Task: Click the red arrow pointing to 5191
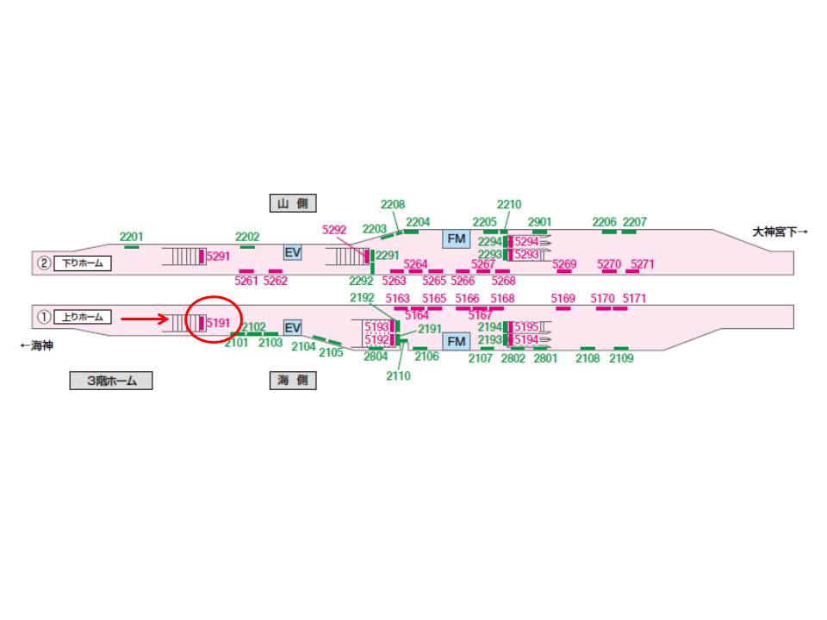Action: (x=145, y=319)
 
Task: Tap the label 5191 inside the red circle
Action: (x=218, y=323)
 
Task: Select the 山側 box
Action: (x=293, y=203)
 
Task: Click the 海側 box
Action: (x=293, y=380)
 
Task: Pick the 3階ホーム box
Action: (x=111, y=380)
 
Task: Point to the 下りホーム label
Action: (x=83, y=263)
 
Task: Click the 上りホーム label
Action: (x=83, y=317)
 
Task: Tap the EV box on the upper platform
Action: (x=293, y=252)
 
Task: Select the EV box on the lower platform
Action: (x=293, y=328)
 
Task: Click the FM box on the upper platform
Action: (x=457, y=239)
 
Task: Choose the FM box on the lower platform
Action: (x=457, y=342)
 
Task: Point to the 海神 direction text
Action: (x=37, y=346)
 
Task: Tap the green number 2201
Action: (x=131, y=237)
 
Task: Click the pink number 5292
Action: (x=334, y=230)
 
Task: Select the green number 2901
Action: (x=539, y=222)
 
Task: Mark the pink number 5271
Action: (x=643, y=264)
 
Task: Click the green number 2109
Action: (x=621, y=358)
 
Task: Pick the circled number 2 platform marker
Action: (x=44, y=263)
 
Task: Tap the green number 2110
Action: (x=398, y=376)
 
